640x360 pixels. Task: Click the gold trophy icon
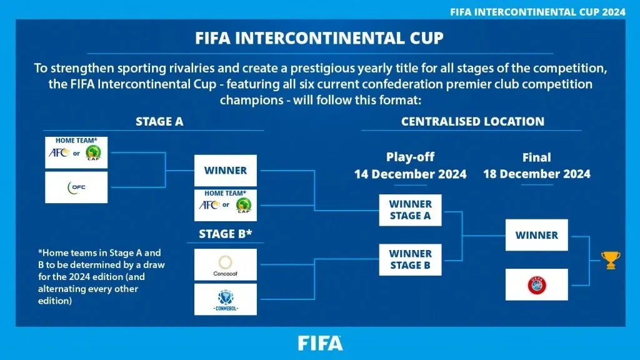click(x=610, y=260)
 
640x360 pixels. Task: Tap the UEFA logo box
click(x=536, y=284)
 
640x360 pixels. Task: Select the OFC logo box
click(x=76, y=187)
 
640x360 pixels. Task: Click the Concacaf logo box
click(x=225, y=264)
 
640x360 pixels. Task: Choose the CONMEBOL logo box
click(x=225, y=299)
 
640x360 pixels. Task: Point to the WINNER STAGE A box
click(x=410, y=210)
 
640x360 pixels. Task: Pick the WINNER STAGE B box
click(x=410, y=259)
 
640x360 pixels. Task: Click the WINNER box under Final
click(x=536, y=235)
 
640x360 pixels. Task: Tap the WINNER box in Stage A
click(x=225, y=170)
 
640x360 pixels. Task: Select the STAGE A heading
click(x=159, y=122)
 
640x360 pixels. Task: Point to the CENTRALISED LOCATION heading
click(x=472, y=122)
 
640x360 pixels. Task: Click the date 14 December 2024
click(x=410, y=174)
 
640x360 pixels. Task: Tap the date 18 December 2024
click(x=536, y=174)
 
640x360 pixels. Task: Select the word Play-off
click(x=410, y=157)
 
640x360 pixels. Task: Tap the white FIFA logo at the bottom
click(x=320, y=343)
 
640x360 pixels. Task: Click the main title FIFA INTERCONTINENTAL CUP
click(x=320, y=37)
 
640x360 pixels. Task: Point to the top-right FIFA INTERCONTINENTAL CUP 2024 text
click(x=538, y=11)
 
